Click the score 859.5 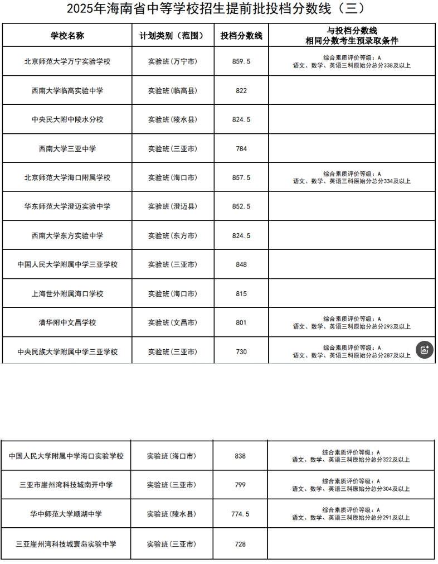click(241, 61)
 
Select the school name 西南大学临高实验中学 click(67, 90)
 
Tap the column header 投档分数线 click(241, 36)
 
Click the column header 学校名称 click(67, 36)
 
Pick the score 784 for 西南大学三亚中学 click(241, 148)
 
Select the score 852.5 click(241, 206)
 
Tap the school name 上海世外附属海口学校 click(67, 293)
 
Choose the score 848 click(241, 264)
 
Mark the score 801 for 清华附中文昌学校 click(241, 322)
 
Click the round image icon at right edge click(424, 350)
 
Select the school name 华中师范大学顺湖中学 click(66, 514)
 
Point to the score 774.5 click(240, 514)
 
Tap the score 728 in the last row click(240, 544)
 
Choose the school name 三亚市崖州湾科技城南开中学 click(66, 485)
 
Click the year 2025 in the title click(79, 9)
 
